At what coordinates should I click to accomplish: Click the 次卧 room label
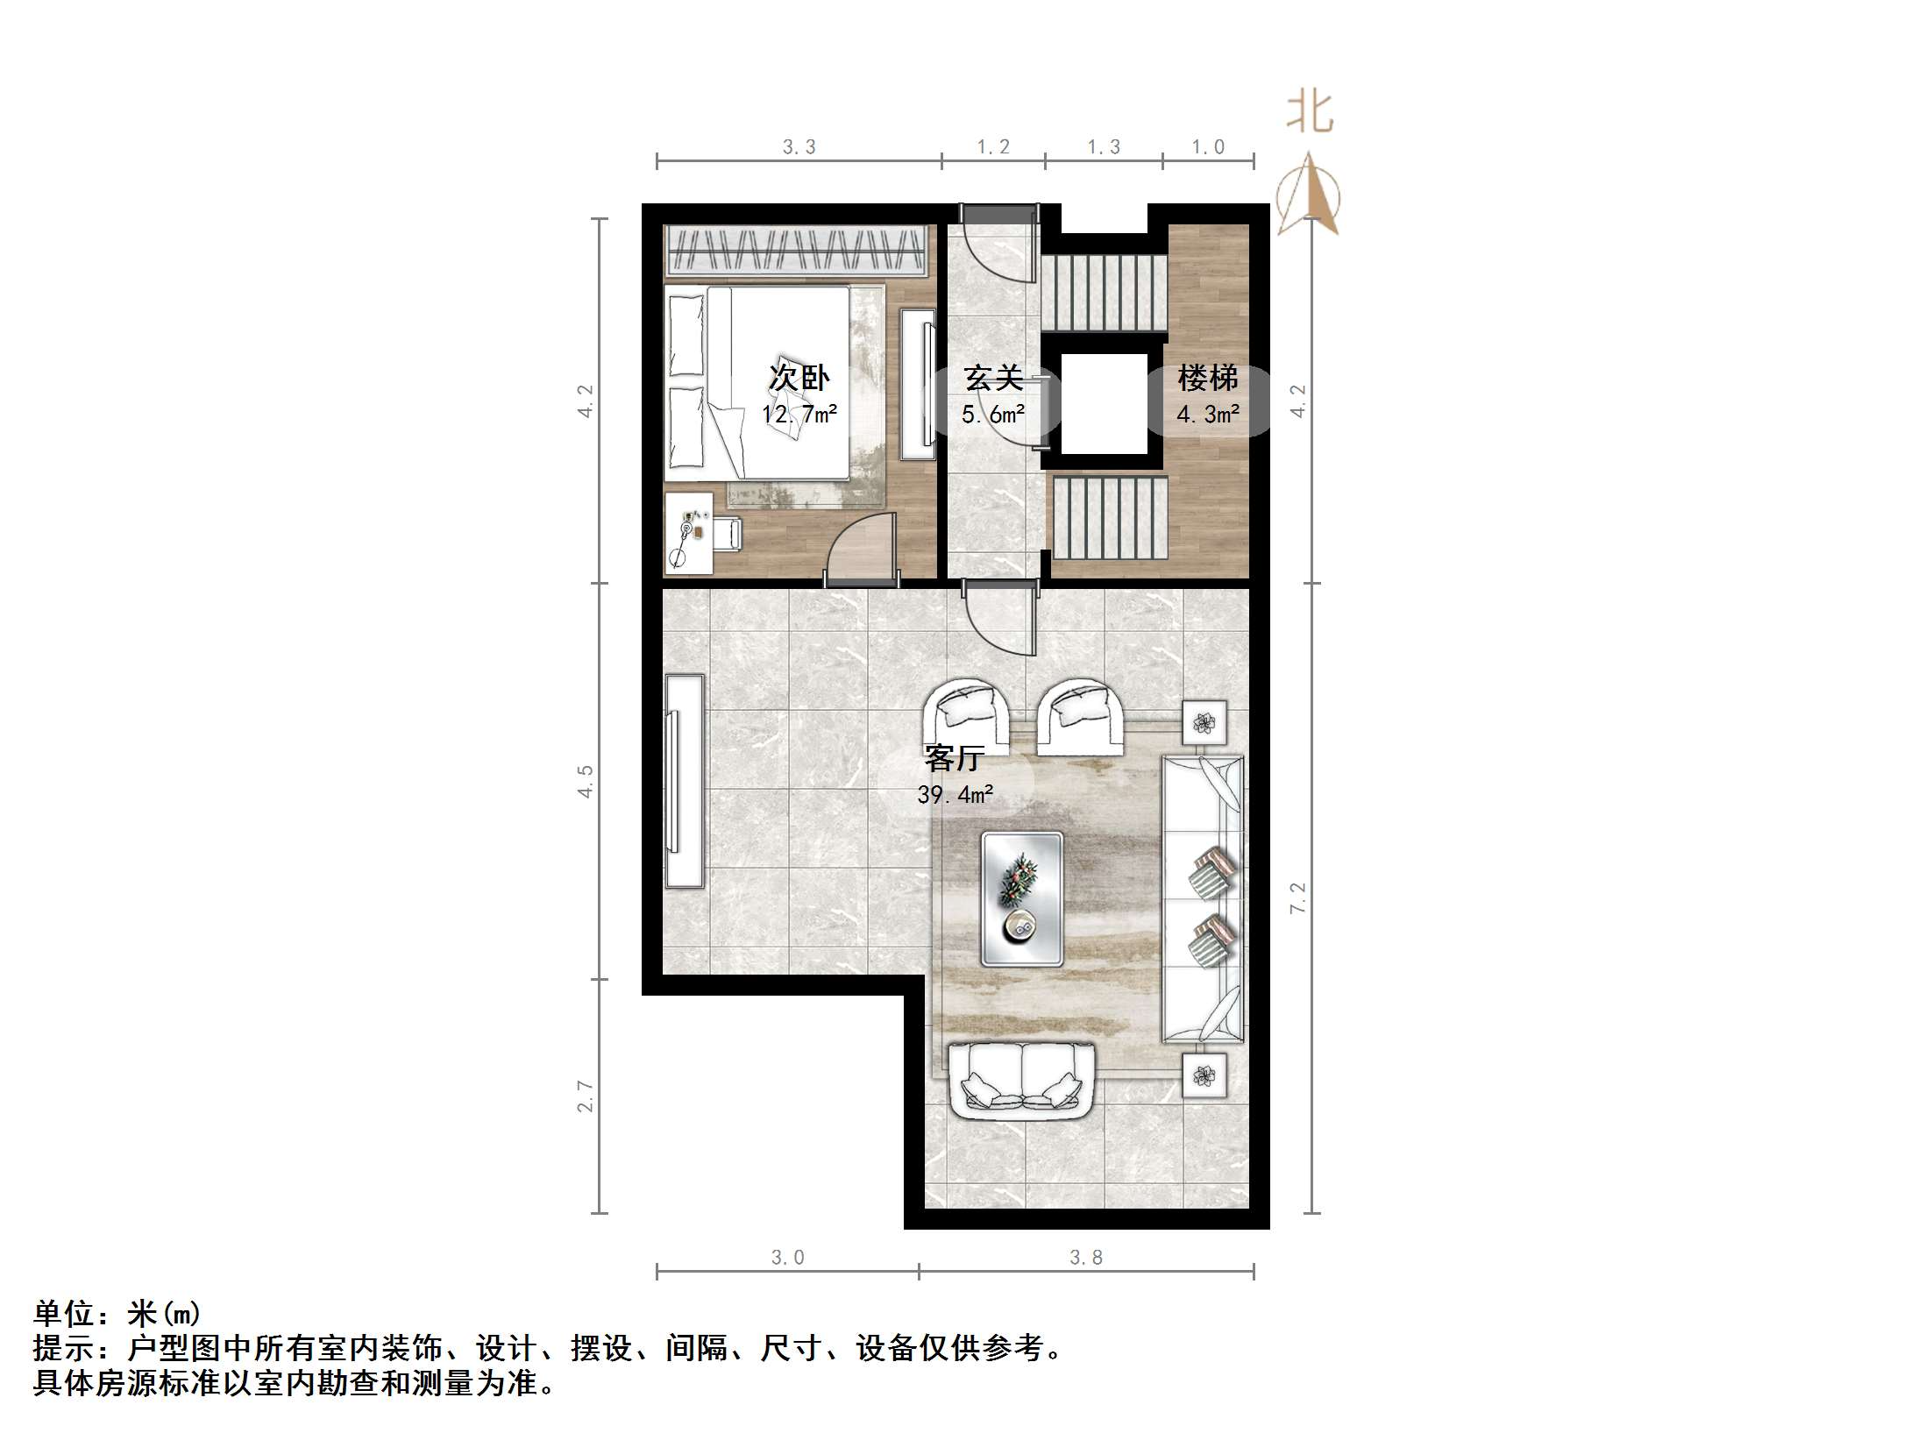coord(799,378)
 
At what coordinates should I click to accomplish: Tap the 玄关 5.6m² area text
coord(993,415)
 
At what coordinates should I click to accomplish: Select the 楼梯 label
coord(1207,379)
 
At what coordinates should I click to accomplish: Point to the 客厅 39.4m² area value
coord(955,795)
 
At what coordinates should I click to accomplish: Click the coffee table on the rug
coord(1022,898)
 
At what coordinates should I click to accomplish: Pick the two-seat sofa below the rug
coord(1022,1080)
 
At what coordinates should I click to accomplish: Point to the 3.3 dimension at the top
coord(799,147)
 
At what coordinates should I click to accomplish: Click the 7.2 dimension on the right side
coord(1298,898)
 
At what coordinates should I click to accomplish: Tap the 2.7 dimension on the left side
coord(586,1096)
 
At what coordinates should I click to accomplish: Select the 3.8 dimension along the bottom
coord(1086,1258)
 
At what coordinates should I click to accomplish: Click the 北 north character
coord(1310,114)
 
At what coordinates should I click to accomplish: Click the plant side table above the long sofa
coord(1204,723)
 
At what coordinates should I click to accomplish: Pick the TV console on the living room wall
coord(684,781)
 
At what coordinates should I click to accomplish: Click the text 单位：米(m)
coord(117,1314)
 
